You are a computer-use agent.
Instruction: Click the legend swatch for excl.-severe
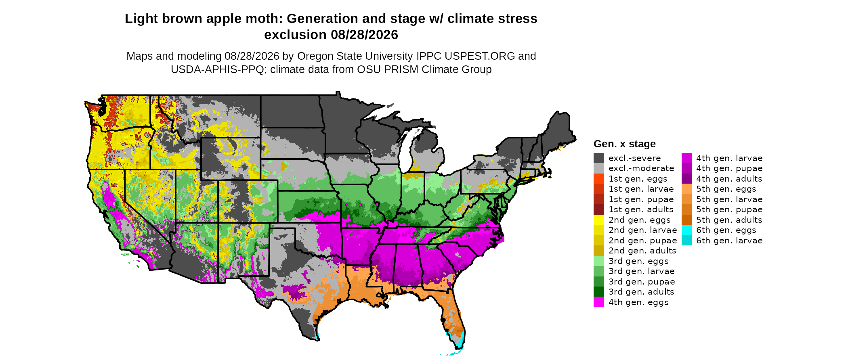tap(599, 158)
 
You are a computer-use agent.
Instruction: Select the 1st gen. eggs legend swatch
tap(599, 179)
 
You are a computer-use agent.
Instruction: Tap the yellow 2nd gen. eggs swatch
tap(599, 220)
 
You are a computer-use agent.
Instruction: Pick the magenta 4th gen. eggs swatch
tap(599, 302)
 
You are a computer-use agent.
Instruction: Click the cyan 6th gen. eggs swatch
tap(686, 230)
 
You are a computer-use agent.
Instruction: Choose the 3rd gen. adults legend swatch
tap(599, 292)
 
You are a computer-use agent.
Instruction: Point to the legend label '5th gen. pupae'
tap(729, 209)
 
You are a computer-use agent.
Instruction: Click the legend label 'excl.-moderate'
tap(641, 168)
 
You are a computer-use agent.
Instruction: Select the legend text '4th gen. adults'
tap(729, 179)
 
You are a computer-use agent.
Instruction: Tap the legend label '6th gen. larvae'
tap(729, 241)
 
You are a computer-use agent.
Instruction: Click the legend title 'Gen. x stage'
tap(624, 144)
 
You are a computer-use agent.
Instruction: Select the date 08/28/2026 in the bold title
tap(364, 35)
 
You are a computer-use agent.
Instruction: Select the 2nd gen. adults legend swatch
tap(599, 251)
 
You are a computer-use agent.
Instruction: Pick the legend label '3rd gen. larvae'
tap(642, 271)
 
